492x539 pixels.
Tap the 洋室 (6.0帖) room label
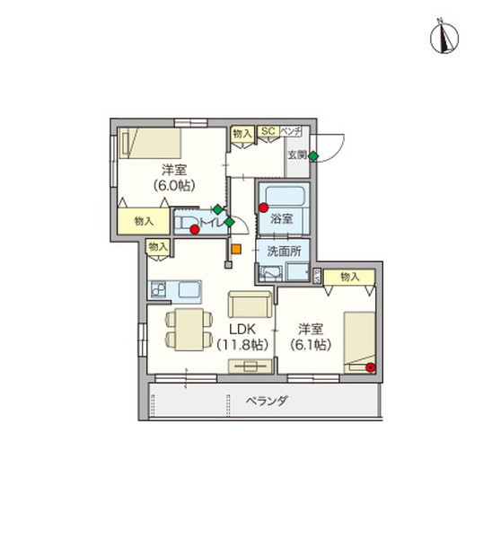(172, 177)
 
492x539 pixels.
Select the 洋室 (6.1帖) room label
(310, 336)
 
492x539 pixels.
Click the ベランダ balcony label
(266, 401)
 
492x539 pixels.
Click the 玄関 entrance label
(296, 155)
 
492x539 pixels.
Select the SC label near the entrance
(267, 132)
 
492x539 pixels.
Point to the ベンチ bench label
(290, 132)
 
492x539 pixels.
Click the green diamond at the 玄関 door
(313, 157)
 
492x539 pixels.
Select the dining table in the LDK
(183, 329)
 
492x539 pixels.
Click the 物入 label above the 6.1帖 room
(350, 277)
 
